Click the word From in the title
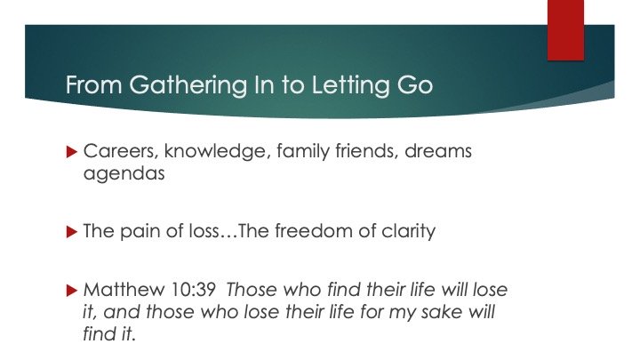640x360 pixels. (x=94, y=85)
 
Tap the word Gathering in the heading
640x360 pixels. (x=188, y=86)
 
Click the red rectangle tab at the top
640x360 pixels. (x=565, y=30)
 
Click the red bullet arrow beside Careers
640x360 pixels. (x=71, y=152)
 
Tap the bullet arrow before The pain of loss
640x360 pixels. (x=71, y=232)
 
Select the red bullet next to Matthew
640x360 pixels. (x=71, y=291)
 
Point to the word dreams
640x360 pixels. (x=438, y=150)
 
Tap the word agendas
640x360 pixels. (x=124, y=174)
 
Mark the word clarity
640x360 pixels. (x=408, y=232)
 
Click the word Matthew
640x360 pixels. (x=124, y=290)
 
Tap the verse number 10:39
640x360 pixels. (x=193, y=290)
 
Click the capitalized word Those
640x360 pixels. (x=252, y=290)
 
